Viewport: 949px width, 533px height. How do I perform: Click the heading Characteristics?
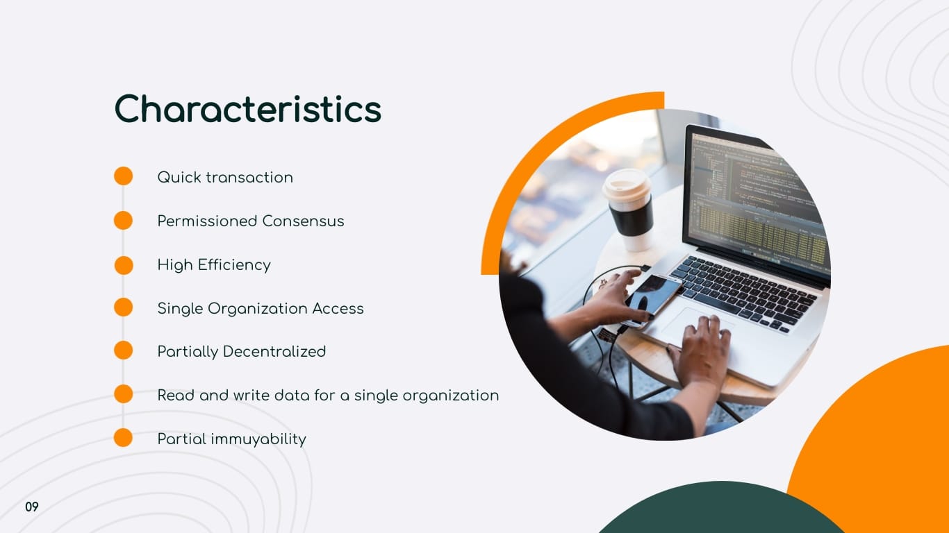[x=247, y=109]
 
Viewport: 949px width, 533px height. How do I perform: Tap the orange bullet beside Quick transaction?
[x=123, y=176]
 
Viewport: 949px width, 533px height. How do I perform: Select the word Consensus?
[x=303, y=221]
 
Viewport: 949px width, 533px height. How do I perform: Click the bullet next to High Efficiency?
[x=123, y=264]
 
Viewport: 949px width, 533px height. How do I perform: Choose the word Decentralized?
[x=274, y=351]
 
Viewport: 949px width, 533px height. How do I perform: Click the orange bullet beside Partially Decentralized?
[x=123, y=351]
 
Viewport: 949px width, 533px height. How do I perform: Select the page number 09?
[x=32, y=507]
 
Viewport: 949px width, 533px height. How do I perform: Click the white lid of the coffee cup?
[x=627, y=184]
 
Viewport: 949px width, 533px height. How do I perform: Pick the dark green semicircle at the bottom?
[x=716, y=510]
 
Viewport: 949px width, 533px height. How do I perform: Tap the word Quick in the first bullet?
[x=179, y=177]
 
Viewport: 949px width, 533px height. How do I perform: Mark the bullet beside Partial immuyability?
[x=123, y=438]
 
